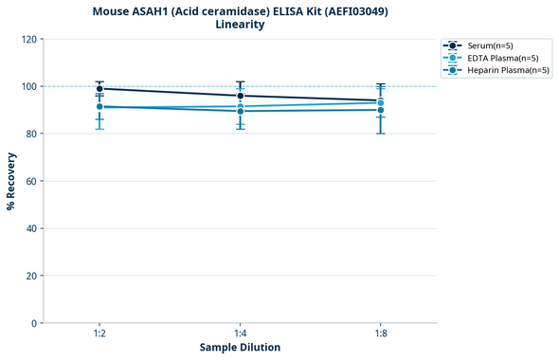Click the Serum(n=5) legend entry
click(490, 45)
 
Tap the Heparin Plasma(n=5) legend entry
click(502, 70)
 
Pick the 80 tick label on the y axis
click(31, 134)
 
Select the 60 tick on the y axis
click(31, 181)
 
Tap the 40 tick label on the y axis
click(31, 228)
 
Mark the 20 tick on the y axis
click(31, 276)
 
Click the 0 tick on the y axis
click(34, 323)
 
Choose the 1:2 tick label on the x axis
click(99, 334)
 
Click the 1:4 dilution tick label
click(240, 334)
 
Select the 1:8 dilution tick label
click(380, 334)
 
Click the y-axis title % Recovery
click(11, 181)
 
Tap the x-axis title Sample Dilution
click(240, 348)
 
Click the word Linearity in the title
click(240, 25)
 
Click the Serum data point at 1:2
click(99, 89)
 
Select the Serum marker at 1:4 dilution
click(240, 96)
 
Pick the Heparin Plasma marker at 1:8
click(380, 110)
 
